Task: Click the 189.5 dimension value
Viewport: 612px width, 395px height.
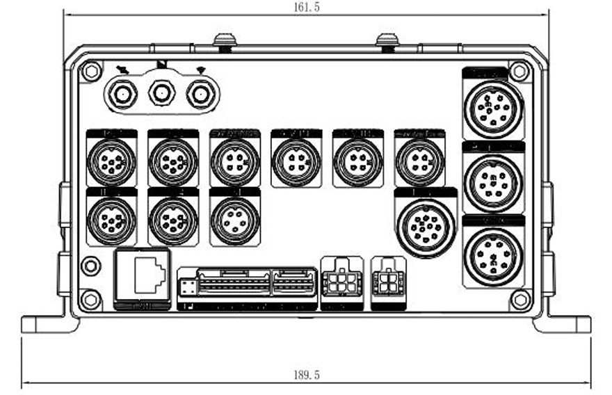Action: pyautogui.click(x=307, y=375)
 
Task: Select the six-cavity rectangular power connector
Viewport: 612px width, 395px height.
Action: pyautogui.click(x=341, y=282)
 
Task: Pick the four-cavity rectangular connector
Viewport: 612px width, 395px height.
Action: pyautogui.click(x=388, y=282)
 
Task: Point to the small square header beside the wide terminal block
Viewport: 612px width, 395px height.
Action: pyautogui.click(x=187, y=286)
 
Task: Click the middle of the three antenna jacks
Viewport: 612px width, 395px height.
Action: pyautogui.click(x=162, y=92)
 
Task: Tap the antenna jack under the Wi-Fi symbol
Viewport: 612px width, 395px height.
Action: pyautogui.click(x=200, y=92)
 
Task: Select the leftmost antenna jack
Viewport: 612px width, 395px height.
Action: pyautogui.click(x=123, y=92)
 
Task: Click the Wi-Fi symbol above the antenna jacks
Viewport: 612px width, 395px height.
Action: pyautogui.click(x=201, y=69)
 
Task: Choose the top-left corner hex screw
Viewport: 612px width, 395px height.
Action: pyautogui.click(x=91, y=71)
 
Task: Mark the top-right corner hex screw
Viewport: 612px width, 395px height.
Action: pyautogui.click(x=518, y=71)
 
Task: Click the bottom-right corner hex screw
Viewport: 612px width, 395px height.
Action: pyautogui.click(x=520, y=299)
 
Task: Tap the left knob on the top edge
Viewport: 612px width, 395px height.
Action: pyautogui.click(x=224, y=41)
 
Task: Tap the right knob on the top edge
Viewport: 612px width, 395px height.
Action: pyautogui.click(x=387, y=41)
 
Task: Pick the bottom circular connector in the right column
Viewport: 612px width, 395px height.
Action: pyautogui.click(x=493, y=256)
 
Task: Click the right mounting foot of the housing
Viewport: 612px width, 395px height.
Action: pyautogui.click(x=563, y=323)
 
